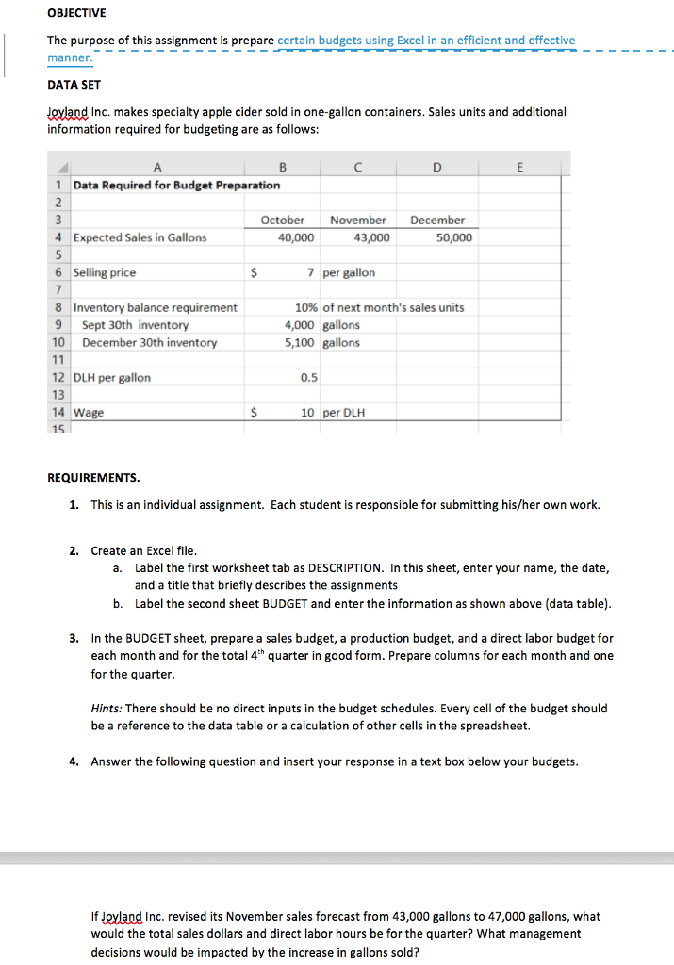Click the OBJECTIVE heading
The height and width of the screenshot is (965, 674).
[x=76, y=13]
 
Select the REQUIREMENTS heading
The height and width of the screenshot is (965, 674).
[x=93, y=478]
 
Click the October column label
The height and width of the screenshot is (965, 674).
[x=282, y=220]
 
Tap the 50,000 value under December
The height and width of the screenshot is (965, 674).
[x=455, y=237]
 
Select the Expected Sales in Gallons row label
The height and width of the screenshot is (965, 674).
[x=140, y=237]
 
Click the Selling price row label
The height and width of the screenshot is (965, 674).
[x=105, y=272]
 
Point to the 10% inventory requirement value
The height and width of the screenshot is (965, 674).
[x=305, y=307]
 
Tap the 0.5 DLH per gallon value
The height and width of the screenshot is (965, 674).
[x=308, y=377]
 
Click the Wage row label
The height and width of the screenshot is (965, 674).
[x=89, y=413]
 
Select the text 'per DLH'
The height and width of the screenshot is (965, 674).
[x=344, y=413]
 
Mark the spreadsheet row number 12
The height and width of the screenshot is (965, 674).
[x=58, y=377]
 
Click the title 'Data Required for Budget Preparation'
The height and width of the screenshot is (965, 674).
[x=176, y=185]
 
